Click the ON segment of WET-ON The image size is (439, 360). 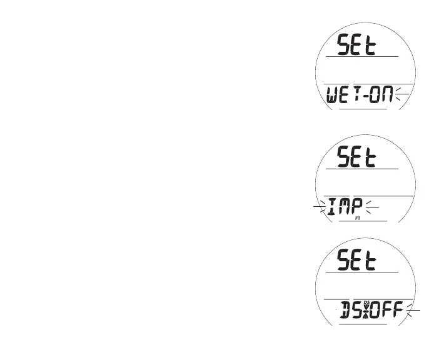coord(384,96)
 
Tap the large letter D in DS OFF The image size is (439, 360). coord(345,310)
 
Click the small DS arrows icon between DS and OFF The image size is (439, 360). coord(367,306)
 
